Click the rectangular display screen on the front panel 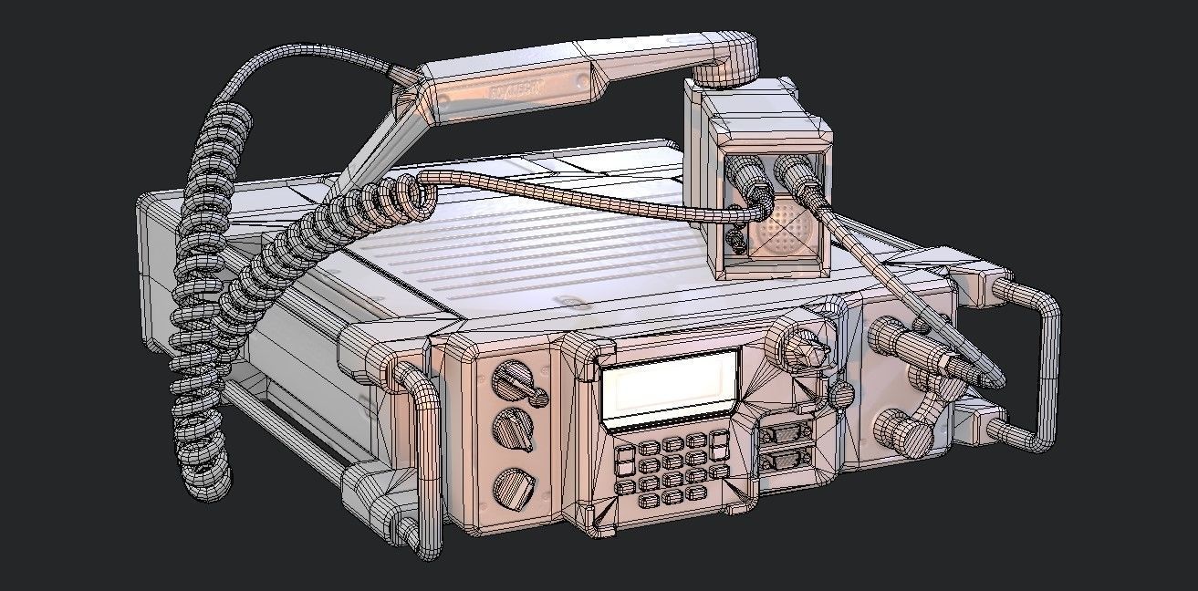[669, 387]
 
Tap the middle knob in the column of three [513, 430]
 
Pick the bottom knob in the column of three [511, 487]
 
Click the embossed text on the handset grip [516, 90]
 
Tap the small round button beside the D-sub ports [842, 393]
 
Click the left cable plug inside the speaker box [747, 182]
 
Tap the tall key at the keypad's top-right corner [719, 444]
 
